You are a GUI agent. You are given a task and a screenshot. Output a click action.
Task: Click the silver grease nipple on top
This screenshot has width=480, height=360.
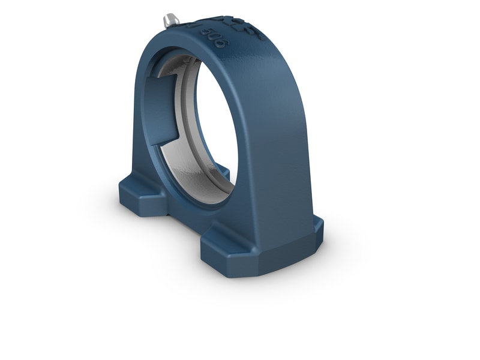170,20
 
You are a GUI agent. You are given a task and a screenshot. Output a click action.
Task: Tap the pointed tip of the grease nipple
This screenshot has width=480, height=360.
164,23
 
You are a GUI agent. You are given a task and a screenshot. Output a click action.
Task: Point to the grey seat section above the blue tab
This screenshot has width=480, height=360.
180,66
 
